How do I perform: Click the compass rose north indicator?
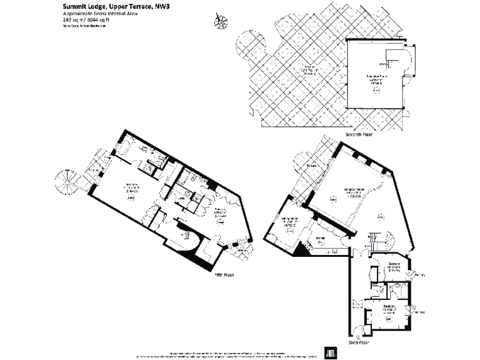[220, 21]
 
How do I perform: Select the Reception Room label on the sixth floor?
[354, 190]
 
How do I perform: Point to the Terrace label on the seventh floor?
[307, 68]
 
